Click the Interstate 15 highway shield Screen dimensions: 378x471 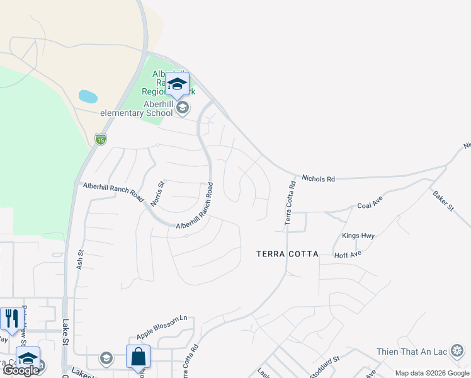point(100,139)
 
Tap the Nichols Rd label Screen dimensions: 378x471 point(318,179)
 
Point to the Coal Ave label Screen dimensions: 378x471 point(370,205)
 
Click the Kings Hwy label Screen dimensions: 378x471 point(358,236)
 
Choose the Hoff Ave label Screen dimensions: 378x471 point(348,254)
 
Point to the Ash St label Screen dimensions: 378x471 point(80,260)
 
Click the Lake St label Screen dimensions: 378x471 point(65,333)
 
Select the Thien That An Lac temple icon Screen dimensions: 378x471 point(458,350)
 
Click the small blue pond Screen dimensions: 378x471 point(88,97)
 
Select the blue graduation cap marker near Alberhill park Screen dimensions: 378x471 point(178,84)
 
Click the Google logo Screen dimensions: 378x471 point(20,370)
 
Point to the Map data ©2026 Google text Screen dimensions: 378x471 point(431,373)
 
